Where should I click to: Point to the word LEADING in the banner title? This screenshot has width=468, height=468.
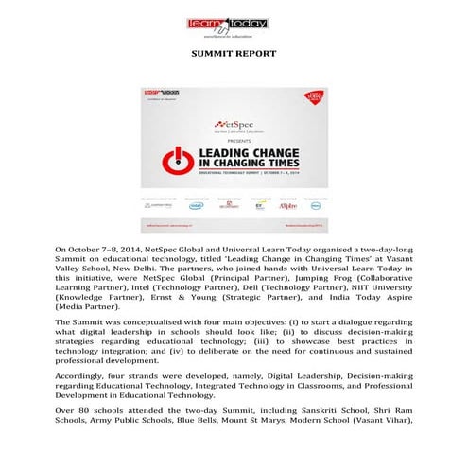(221, 153)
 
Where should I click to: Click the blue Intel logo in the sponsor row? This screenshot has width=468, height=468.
(196, 203)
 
